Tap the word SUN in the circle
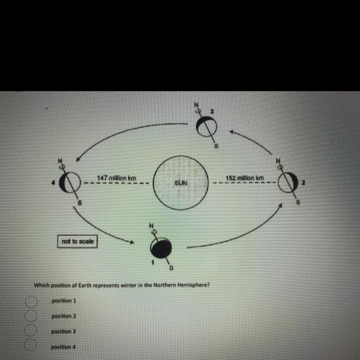(181, 183)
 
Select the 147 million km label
(117, 178)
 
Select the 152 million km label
(245, 178)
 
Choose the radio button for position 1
(30, 301)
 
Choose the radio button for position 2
(30, 316)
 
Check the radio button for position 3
(30, 331)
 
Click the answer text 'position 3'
(63, 331)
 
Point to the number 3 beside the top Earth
(212, 111)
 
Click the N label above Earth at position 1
(151, 226)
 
